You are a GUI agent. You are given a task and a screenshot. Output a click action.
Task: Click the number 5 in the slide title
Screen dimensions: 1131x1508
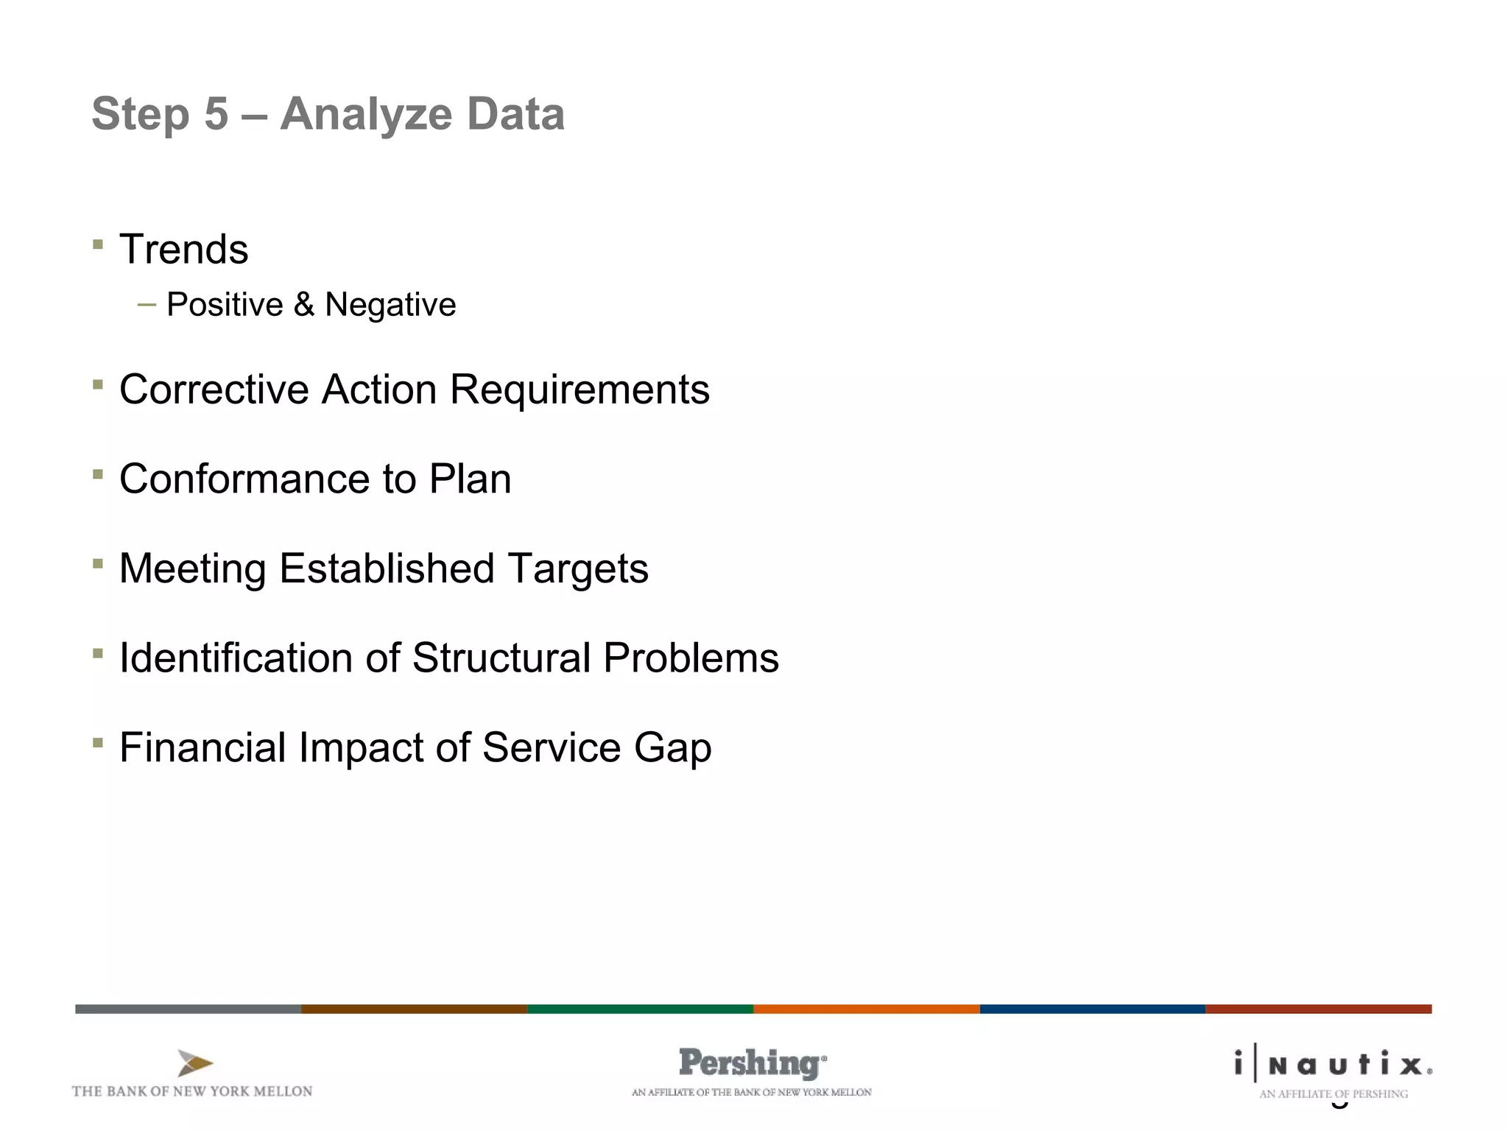pyautogui.click(x=216, y=115)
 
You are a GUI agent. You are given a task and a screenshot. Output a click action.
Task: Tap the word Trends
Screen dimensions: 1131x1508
pyautogui.click(x=184, y=250)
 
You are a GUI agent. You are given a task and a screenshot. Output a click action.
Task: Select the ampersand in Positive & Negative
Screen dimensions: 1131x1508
pyautogui.click(x=303, y=305)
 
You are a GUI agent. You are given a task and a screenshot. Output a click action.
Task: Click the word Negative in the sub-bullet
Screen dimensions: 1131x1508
pyautogui.click(x=390, y=305)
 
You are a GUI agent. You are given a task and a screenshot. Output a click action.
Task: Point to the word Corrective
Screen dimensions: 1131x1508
pyautogui.click(x=214, y=390)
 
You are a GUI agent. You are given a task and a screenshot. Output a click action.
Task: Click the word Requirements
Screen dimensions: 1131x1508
pyautogui.click(x=579, y=391)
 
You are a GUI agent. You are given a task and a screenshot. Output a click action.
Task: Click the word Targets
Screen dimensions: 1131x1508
pyautogui.click(x=578, y=570)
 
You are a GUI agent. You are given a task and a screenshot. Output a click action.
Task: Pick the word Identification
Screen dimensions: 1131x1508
pyautogui.click(x=236, y=658)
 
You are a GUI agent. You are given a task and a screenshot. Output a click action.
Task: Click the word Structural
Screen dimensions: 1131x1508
pyautogui.click(x=501, y=658)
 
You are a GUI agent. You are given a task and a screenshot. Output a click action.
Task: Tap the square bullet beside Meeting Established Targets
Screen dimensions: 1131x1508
pyautogui.click(x=98, y=564)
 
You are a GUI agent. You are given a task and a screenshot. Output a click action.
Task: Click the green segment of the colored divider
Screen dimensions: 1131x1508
pyautogui.click(x=640, y=1009)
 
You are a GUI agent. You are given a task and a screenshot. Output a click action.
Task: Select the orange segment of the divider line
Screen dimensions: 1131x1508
pyautogui.click(x=866, y=1009)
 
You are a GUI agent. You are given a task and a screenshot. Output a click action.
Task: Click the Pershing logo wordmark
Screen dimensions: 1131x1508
pyautogui.click(x=751, y=1064)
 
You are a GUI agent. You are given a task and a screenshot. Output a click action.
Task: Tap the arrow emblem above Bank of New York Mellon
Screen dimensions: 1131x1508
pyautogui.click(x=195, y=1064)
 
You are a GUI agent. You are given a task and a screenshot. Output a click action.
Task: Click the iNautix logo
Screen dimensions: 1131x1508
pyautogui.click(x=1333, y=1065)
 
